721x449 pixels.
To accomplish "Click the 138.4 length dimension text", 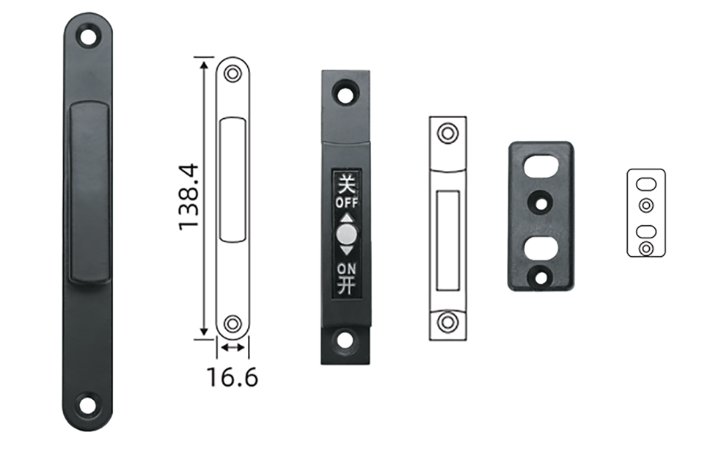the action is (189, 197).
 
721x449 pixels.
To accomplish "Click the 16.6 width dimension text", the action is (233, 377).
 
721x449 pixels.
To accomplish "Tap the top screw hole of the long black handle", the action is (88, 37).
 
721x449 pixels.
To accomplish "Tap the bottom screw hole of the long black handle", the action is (87, 405).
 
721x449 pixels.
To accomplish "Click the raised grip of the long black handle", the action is (89, 191).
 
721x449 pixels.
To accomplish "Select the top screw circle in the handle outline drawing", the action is (233, 73).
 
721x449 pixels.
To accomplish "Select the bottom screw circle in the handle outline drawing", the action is (233, 323).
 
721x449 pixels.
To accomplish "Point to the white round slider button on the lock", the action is (346, 234).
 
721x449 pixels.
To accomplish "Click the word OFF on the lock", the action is (347, 202).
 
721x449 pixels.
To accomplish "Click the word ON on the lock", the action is (346, 269).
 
